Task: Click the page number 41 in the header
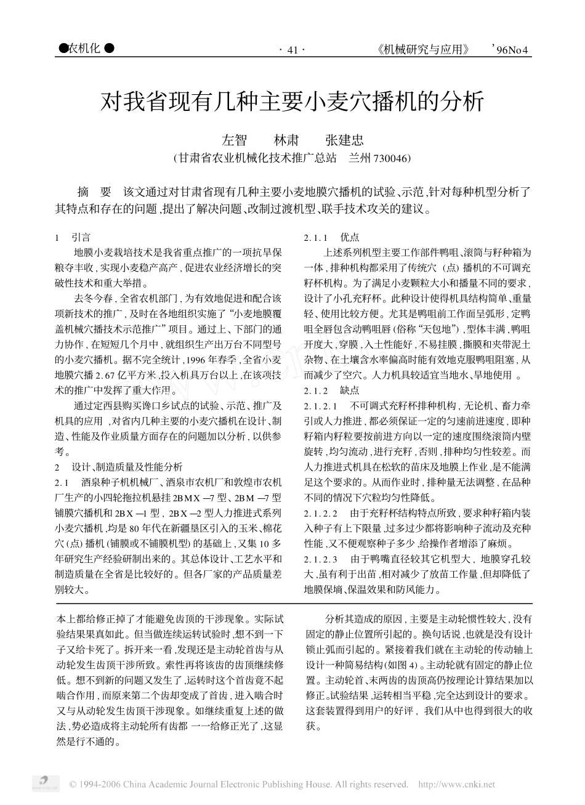click(292, 50)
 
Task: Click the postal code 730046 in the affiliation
click(391, 158)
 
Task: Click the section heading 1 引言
click(73, 237)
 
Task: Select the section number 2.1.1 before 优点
click(317, 237)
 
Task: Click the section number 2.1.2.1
click(321, 406)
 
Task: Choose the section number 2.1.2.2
click(321, 512)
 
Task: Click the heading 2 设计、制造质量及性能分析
click(119, 467)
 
